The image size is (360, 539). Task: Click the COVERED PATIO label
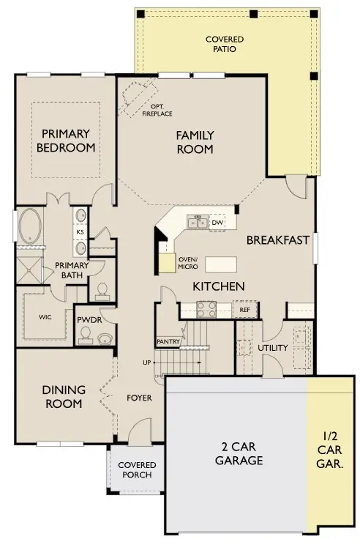coord(225,44)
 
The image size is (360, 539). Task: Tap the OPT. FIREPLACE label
coord(157,110)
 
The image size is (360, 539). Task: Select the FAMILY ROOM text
coord(195,142)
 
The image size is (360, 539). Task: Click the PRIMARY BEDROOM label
coord(66,141)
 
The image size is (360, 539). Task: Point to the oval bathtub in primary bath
coord(30,226)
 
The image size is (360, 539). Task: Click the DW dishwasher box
coord(217,223)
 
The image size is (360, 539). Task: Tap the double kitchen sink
coord(198,222)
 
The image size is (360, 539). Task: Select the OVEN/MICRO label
coord(188,263)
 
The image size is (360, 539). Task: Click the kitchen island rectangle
coord(221,264)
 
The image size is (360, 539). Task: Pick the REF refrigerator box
coord(244,309)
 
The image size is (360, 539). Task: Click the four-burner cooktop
coord(206,309)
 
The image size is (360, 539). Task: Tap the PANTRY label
coord(168,342)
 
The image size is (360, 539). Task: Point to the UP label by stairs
coord(146,363)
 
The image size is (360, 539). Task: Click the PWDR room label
coord(89,320)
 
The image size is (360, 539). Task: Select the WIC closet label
coord(45,317)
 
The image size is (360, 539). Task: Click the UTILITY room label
coord(273,348)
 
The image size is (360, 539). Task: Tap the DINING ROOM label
coord(64,396)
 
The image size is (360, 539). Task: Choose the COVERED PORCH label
coord(137,470)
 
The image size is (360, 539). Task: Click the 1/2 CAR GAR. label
coord(329,450)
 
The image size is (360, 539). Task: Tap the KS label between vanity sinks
coord(80,232)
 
